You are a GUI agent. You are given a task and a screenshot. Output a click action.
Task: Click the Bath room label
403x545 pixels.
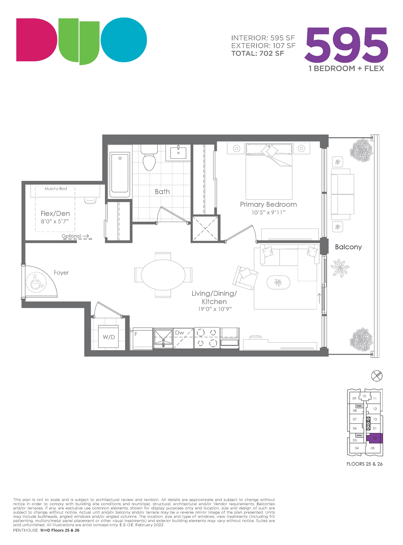162,191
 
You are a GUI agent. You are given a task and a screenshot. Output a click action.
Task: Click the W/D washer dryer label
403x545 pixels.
109,337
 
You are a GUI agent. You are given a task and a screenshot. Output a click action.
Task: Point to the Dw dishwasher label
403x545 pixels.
180,332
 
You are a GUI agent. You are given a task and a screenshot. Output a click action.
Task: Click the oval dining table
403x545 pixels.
163,275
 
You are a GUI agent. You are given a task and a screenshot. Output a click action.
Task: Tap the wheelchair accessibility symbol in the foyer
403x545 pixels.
36,282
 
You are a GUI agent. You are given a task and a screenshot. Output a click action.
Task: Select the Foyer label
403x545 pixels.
61,273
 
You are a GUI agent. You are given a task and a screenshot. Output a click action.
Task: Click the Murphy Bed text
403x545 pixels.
56,188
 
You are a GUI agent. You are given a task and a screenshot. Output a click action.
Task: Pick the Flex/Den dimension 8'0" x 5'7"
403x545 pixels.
55,221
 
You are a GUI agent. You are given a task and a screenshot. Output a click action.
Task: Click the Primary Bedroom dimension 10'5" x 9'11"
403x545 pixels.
268,212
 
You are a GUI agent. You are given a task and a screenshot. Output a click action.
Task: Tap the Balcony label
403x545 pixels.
348,247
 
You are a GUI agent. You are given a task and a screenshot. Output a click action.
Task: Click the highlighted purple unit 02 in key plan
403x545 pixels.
374,438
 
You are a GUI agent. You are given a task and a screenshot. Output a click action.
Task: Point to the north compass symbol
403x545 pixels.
376,376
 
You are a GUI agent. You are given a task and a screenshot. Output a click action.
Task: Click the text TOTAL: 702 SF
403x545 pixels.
258,53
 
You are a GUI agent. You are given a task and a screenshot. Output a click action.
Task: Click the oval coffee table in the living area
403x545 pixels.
278,282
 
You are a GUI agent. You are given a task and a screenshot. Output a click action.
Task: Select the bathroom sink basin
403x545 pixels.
178,153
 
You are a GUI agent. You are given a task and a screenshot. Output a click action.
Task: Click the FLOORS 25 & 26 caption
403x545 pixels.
365,464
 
